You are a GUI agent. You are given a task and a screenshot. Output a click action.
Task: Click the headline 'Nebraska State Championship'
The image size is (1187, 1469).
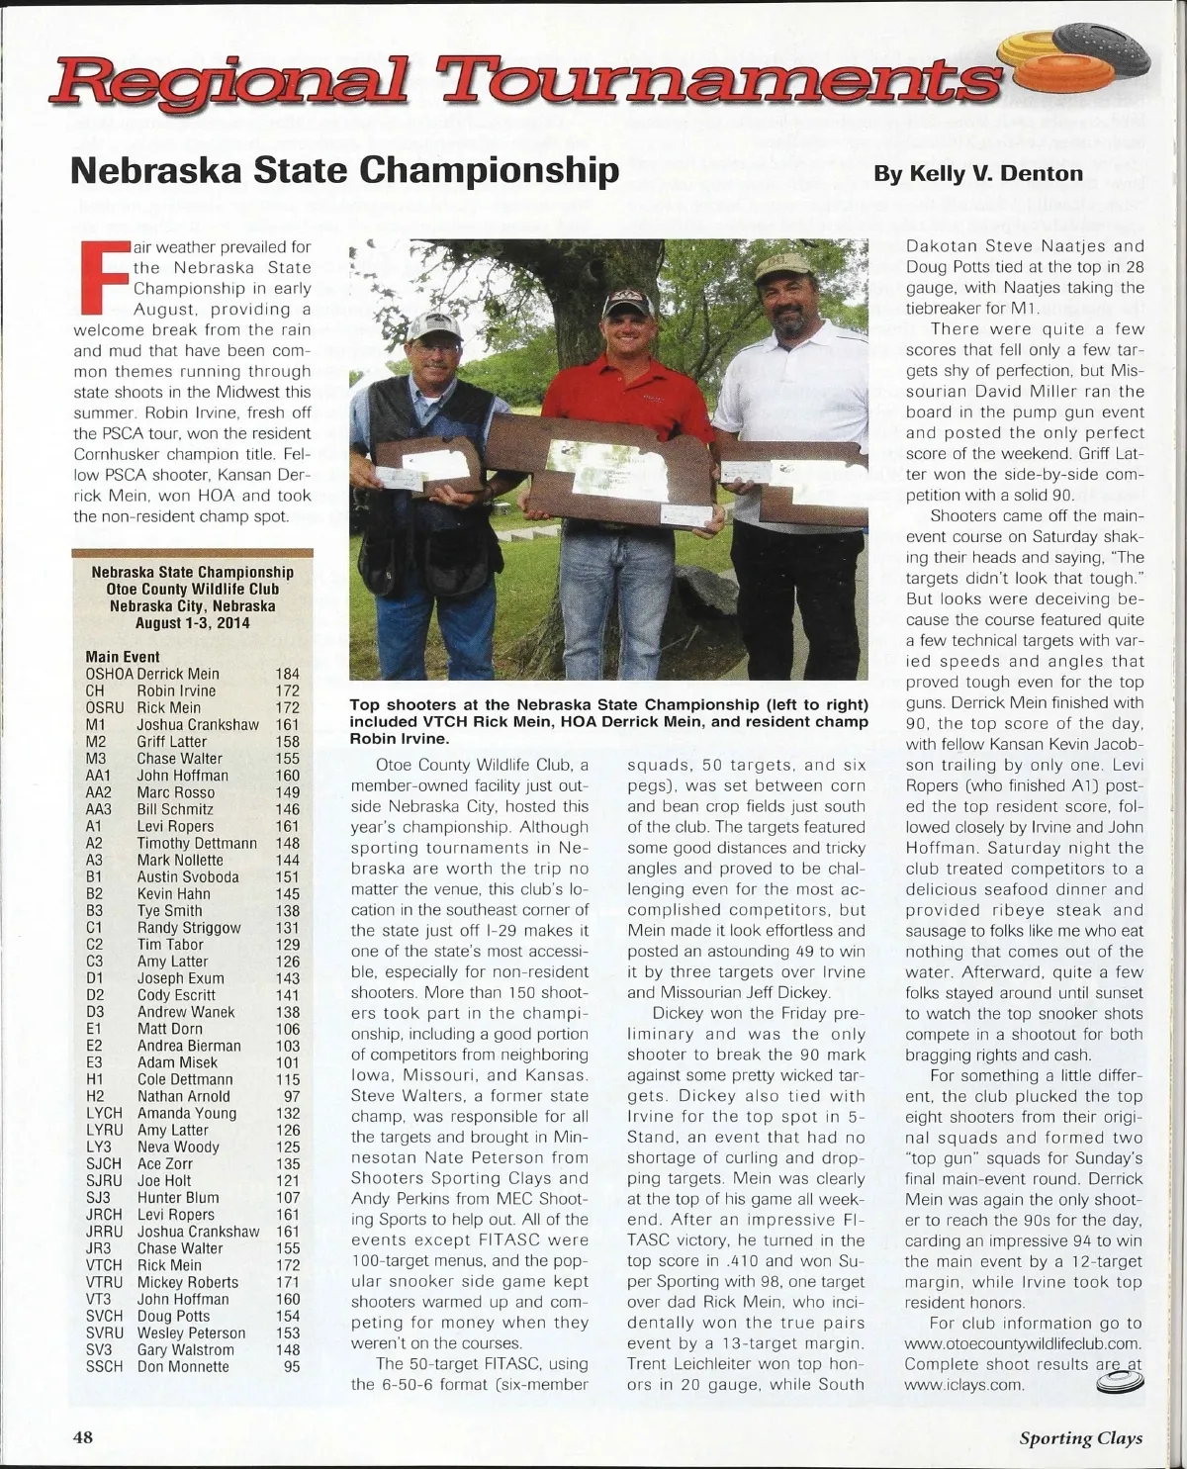coord(344,170)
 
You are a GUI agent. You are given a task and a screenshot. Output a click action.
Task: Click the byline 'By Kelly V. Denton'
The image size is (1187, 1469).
coord(978,174)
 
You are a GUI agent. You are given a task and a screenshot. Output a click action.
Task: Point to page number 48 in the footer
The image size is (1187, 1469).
coord(83,1436)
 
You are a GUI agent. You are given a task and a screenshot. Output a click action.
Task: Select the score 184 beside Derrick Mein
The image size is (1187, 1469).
coord(287,674)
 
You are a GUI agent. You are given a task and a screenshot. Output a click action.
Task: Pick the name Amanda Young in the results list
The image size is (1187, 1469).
coord(187,1113)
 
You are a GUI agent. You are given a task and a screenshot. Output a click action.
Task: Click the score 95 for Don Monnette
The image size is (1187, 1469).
coord(291,1366)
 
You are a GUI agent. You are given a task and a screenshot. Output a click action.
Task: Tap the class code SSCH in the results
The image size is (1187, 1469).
coord(105,1366)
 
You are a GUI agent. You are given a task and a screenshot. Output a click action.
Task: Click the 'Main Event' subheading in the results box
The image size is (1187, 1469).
coord(123,657)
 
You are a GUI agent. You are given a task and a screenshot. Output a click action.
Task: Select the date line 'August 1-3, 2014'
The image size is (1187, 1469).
coord(192,623)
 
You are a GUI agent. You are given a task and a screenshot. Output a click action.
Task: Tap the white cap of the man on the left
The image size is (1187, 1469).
coord(435,326)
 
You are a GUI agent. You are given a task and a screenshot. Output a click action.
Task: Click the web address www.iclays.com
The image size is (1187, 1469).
coord(963,1384)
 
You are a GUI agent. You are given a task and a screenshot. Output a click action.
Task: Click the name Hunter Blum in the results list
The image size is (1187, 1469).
coord(178,1197)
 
